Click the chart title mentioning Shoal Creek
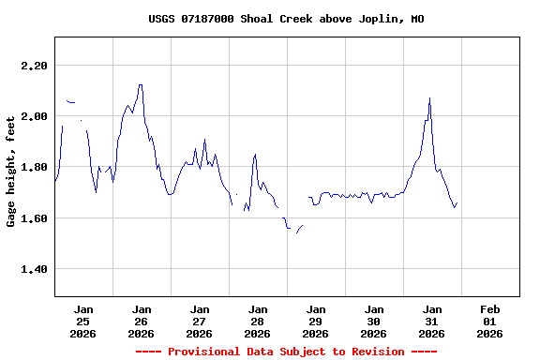point(286,19)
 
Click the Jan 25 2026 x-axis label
point(83,321)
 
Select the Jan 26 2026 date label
point(142,321)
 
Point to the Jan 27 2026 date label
point(199,321)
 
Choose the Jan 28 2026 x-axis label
point(257,321)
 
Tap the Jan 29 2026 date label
point(315,321)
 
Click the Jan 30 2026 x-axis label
point(373,321)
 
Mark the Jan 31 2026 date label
point(431,321)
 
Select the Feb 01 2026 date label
point(489,321)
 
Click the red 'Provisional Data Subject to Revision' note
point(286,352)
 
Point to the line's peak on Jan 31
point(429,97)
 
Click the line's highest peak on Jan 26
point(140,84)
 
